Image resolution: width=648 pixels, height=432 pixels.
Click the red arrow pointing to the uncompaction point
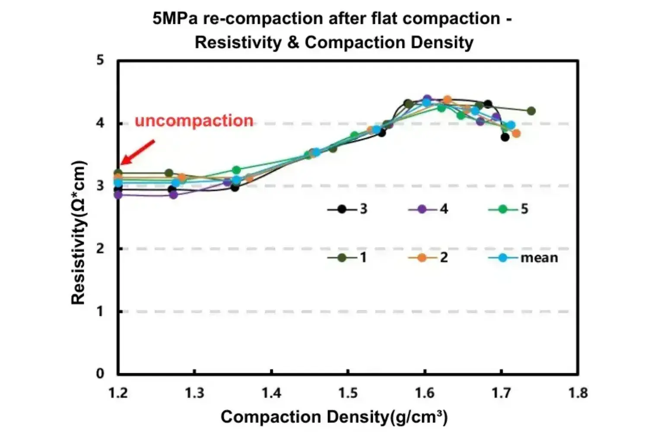point(137,152)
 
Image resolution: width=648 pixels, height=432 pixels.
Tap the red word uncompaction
point(194,121)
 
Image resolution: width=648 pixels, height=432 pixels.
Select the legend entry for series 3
point(347,210)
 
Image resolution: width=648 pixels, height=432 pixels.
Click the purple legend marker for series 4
point(422,210)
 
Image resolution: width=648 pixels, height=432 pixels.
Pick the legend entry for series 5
point(508,210)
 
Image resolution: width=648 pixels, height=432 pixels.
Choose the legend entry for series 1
point(347,258)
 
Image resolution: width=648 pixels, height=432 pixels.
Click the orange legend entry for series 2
point(428,258)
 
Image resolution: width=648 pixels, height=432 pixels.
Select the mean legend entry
point(523,258)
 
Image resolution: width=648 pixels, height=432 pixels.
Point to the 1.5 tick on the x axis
point(348,393)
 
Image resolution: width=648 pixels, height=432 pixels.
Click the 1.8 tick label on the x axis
point(578,393)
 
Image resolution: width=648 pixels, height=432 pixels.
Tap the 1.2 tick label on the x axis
point(118,393)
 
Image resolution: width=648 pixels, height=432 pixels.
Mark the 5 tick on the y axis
point(100,60)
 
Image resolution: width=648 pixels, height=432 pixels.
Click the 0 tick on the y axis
point(100,374)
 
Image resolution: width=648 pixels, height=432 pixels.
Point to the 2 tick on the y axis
point(100,249)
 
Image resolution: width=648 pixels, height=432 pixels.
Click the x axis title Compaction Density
point(334,417)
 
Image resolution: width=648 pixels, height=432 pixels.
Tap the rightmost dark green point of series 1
point(531,111)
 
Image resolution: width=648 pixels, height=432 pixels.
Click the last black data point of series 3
point(505,137)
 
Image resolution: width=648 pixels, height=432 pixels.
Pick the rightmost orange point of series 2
point(516,133)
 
